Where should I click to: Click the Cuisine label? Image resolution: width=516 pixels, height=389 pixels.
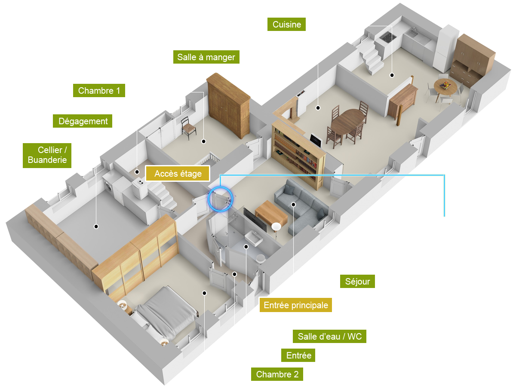tap(286, 25)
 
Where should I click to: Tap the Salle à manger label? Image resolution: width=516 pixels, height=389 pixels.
tap(206, 57)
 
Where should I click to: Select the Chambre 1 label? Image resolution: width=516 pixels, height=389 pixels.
tap(99, 91)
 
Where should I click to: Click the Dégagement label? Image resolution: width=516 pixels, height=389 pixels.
tap(83, 121)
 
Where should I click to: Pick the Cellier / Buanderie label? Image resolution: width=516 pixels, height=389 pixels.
tap(47, 155)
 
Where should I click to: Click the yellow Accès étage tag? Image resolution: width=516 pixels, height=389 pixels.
tap(178, 174)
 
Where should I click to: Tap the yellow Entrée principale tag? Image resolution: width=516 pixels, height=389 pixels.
tap(296, 305)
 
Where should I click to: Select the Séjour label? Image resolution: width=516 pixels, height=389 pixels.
tap(357, 282)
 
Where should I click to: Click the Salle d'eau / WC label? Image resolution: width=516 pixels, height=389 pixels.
tap(330, 336)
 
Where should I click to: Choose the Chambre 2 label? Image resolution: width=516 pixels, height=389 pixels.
tap(277, 374)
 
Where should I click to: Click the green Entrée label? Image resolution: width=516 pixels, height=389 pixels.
tap(298, 355)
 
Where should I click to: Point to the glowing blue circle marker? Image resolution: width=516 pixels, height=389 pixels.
tap(220, 199)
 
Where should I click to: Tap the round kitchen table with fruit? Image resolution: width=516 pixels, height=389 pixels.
tap(445, 86)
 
